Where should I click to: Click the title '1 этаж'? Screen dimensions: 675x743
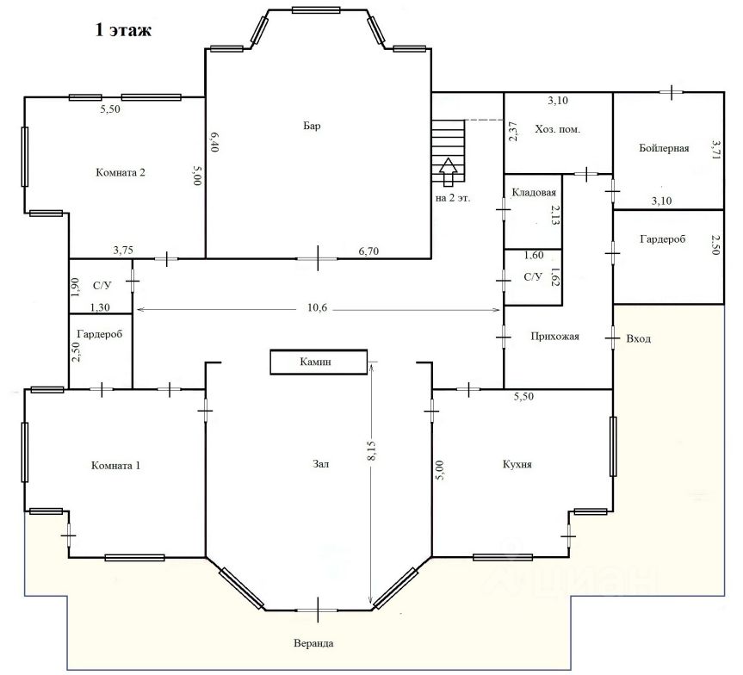click(122, 32)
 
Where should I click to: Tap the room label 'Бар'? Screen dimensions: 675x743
click(312, 127)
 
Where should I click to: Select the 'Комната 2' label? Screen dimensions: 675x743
click(120, 172)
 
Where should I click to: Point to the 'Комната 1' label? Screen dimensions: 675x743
click(115, 465)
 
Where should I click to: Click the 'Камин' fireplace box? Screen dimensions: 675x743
click(318, 362)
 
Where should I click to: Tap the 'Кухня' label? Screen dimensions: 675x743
click(517, 464)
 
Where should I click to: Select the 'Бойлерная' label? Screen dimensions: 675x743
click(664, 148)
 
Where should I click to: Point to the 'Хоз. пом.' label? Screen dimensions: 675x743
click(557, 129)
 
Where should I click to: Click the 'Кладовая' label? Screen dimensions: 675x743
click(534, 192)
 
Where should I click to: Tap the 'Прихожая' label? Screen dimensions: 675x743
click(555, 337)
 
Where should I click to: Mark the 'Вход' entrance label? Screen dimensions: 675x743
click(639, 338)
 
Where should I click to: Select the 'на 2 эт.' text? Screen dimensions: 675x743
click(453, 198)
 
